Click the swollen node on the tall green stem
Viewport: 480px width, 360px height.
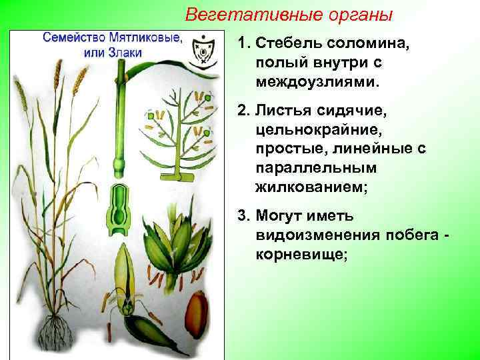coord(120,163)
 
